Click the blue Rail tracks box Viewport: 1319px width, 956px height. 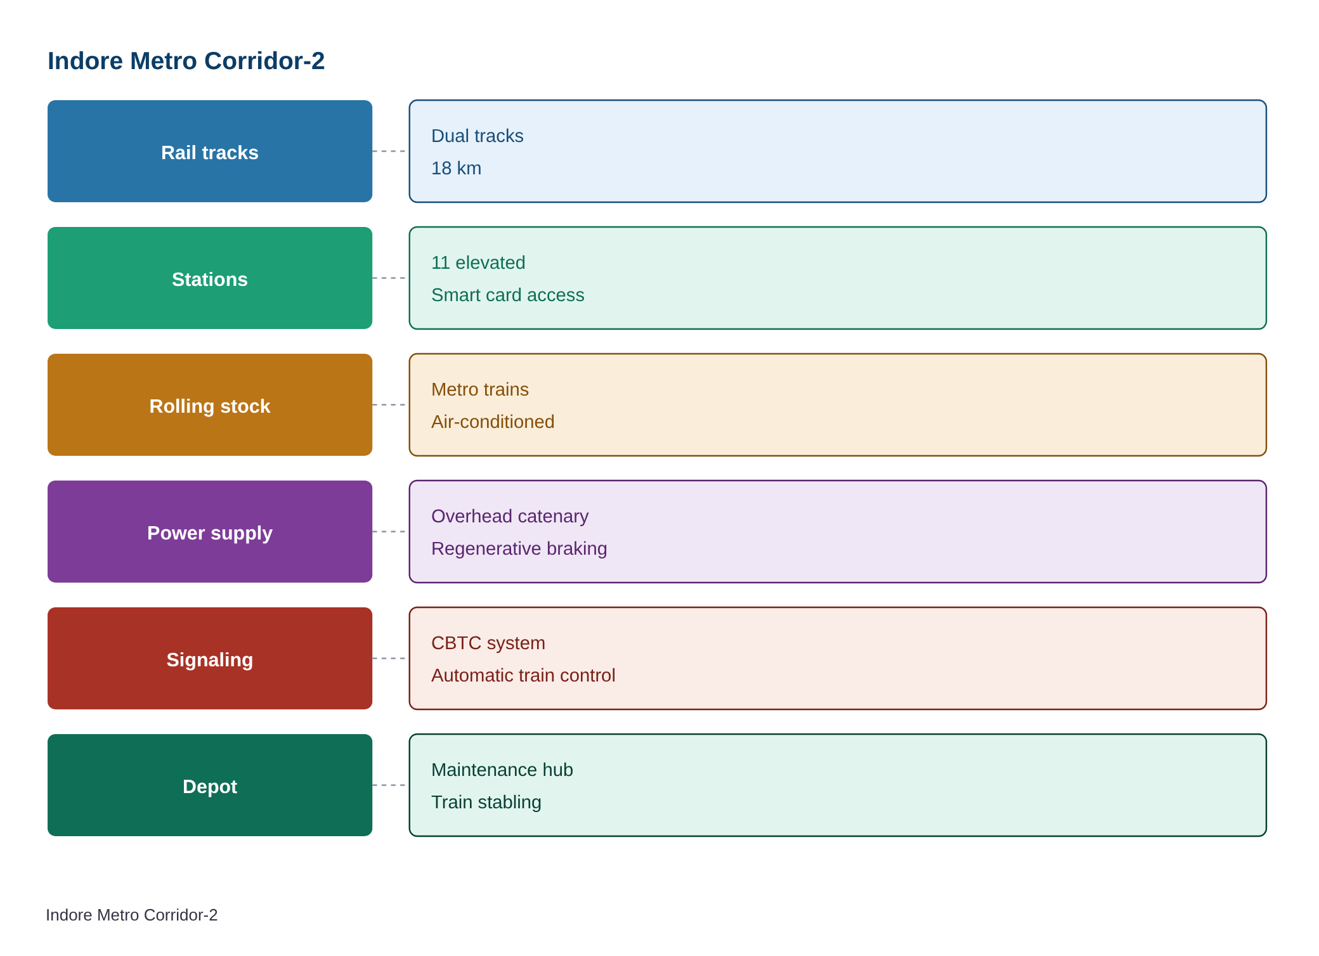(210, 152)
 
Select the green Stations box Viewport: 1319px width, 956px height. (210, 278)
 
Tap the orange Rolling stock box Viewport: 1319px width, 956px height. (210, 405)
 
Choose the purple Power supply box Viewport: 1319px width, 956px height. (210, 532)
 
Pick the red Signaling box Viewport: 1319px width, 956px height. (210, 659)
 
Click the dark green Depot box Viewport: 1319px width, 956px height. (210, 785)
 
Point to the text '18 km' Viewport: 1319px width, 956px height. (456, 168)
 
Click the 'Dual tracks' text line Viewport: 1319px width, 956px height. (477, 136)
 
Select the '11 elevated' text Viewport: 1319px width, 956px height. (478, 262)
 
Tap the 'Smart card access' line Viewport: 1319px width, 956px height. (507, 295)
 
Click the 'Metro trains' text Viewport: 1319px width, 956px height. (479, 389)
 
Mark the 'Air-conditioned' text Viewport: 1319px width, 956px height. (493, 422)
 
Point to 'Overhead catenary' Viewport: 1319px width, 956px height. (510, 516)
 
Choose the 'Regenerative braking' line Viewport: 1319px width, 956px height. (519, 548)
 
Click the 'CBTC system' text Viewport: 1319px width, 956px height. (488, 643)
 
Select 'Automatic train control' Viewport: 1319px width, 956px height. (523, 675)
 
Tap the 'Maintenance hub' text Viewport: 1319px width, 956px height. (502, 770)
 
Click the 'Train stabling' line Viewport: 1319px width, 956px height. (486, 802)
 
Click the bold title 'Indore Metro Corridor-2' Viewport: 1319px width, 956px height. (186, 61)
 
